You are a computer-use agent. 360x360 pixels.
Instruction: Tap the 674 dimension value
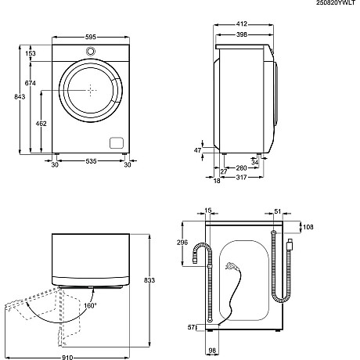click(31, 83)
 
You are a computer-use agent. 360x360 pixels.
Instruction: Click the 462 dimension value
click(41, 123)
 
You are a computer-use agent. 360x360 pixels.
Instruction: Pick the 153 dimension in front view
click(31, 53)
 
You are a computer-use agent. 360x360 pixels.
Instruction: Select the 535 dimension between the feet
click(90, 164)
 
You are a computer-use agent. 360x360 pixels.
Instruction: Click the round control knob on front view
click(90, 51)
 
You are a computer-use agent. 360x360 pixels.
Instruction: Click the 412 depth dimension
click(240, 25)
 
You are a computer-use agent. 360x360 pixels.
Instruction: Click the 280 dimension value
click(241, 168)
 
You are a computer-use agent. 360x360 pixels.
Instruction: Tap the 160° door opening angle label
click(91, 306)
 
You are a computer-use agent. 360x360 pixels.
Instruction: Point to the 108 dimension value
click(307, 227)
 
